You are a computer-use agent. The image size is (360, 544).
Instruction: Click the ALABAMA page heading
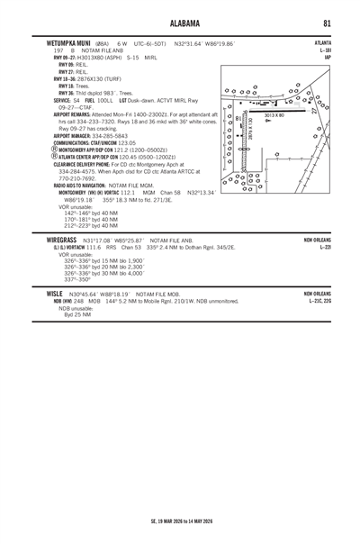pyautogui.click(x=180, y=22)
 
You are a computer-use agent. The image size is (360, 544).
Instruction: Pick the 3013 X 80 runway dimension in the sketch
pyautogui.click(x=274, y=115)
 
